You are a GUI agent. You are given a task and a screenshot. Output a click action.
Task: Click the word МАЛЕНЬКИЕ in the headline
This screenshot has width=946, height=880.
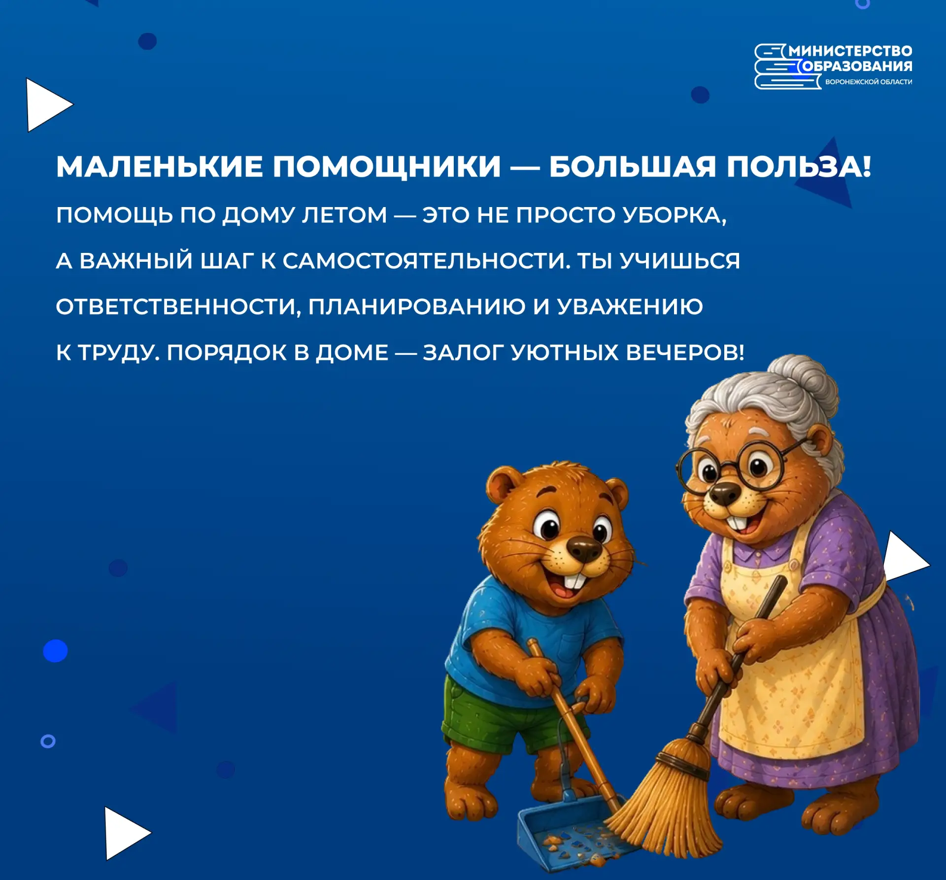[x=159, y=166]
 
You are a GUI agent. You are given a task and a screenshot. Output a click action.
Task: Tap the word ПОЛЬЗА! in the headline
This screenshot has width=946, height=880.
[x=799, y=166]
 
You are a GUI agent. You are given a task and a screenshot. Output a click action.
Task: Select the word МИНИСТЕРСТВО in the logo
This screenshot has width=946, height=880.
[x=850, y=51]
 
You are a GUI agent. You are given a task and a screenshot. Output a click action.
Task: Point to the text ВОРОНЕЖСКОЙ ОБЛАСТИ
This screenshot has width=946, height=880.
[x=869, y=82]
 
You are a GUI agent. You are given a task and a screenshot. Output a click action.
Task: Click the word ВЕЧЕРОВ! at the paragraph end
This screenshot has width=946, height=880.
[x=685, y=352]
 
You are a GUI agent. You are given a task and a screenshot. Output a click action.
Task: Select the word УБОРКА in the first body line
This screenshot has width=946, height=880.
[x=674, y=215]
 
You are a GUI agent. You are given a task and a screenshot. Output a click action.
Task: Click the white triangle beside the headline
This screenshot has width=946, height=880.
[x=49, y=105]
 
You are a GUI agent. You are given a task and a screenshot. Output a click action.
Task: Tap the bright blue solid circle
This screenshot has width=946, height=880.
[x=55, y=650]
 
